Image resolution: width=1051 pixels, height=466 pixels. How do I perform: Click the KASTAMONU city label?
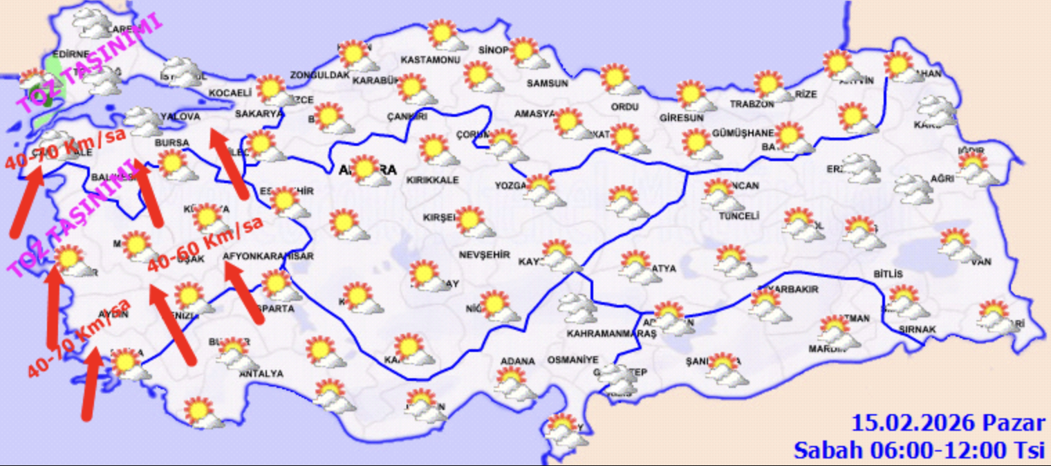point(431,60)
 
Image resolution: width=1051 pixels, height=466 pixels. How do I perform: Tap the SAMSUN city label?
point(547,83)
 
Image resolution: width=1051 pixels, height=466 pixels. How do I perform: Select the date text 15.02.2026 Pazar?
point(947,423)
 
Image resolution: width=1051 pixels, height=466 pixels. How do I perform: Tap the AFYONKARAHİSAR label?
point(269,257)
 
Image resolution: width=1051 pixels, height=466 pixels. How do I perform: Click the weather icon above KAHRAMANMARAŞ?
point(577,308)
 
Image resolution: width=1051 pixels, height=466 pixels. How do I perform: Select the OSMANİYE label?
point(570,361)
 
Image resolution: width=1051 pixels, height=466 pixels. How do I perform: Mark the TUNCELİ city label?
point(738,216)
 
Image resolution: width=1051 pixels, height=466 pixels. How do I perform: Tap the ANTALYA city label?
point(260,373)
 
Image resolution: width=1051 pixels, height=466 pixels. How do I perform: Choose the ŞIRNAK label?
point(918,330)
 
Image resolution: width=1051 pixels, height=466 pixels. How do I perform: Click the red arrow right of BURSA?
point(228,163)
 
